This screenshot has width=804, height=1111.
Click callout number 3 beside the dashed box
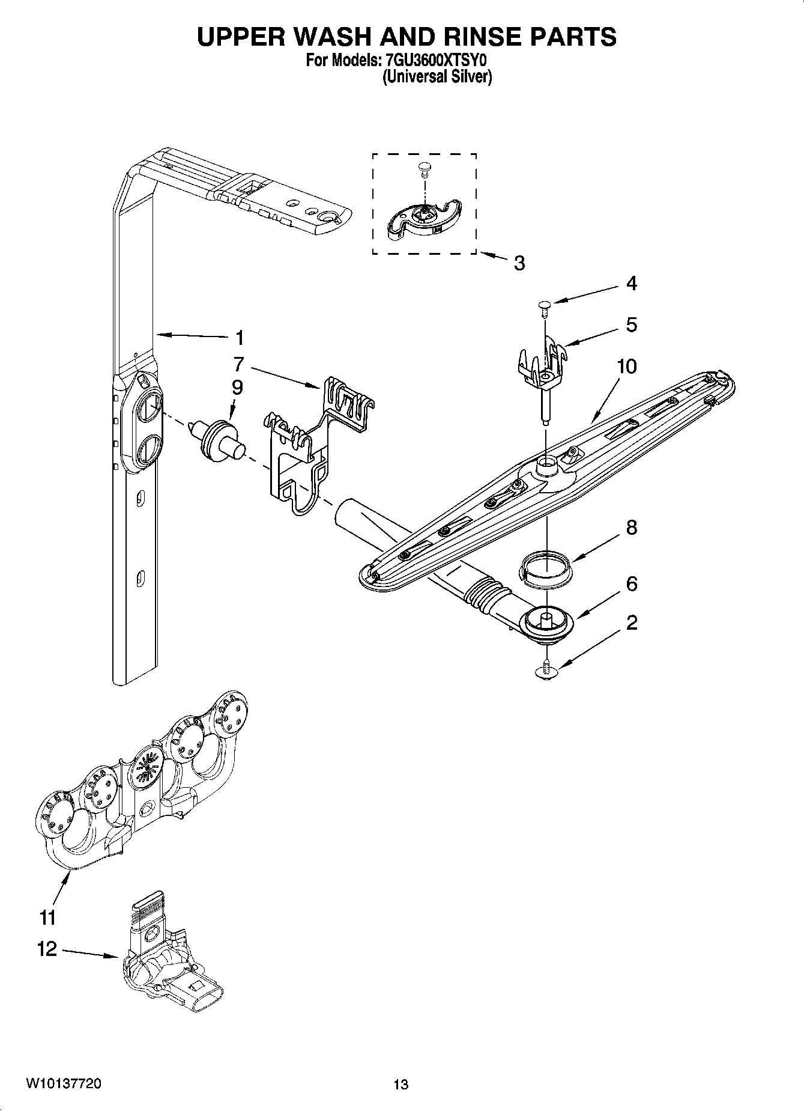[x=519, y=263]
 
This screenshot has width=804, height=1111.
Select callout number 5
[x=631, y=325]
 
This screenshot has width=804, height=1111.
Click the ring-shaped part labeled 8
[x=546, y=568]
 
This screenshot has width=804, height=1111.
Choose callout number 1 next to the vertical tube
[x=239, y=338]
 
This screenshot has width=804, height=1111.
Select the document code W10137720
[x=63, y=1083]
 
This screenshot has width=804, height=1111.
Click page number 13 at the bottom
[x=400, y=1085]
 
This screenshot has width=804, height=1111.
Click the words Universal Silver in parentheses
[x=437, y=78]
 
